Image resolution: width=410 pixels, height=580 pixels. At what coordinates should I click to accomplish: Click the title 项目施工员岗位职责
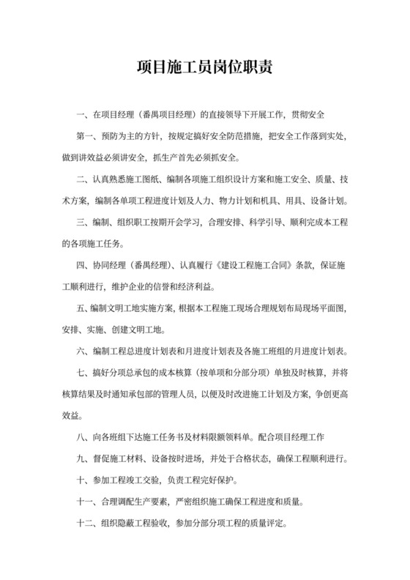(205, 69)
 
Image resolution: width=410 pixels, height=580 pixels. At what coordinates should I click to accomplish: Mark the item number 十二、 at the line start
(87, 524)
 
